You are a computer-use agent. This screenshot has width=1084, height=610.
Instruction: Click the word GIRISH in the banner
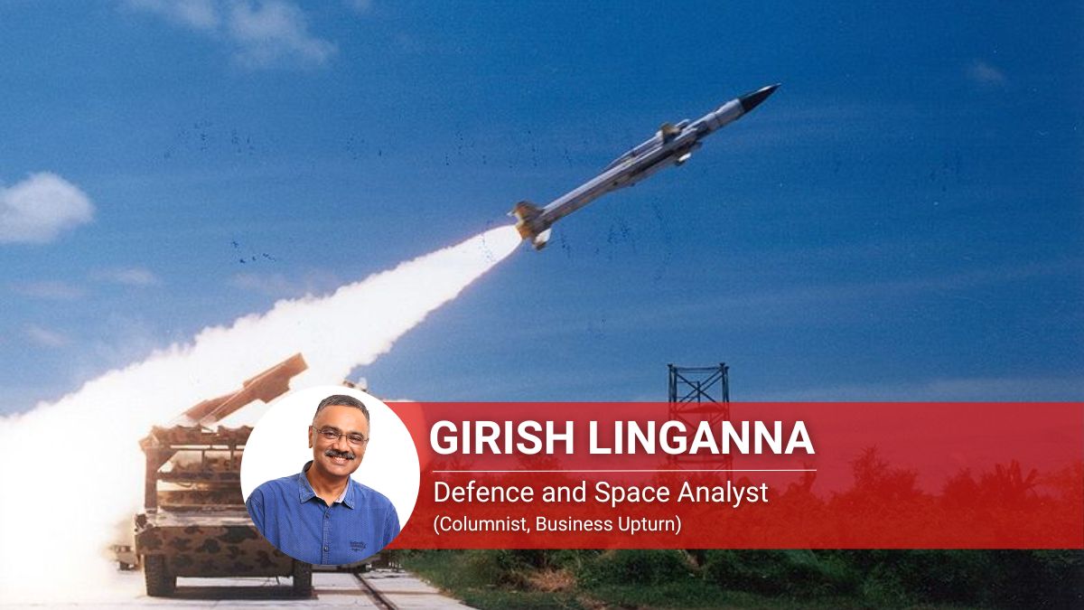504,437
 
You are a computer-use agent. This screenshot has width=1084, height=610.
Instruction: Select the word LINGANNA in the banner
701,437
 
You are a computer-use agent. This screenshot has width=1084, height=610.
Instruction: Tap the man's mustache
340,455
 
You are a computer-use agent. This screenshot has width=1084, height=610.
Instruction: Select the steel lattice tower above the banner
698,383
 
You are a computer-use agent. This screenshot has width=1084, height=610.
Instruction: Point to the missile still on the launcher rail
247,388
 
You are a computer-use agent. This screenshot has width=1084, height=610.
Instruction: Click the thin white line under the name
624,470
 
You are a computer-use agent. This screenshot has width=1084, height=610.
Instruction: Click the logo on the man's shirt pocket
357,546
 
